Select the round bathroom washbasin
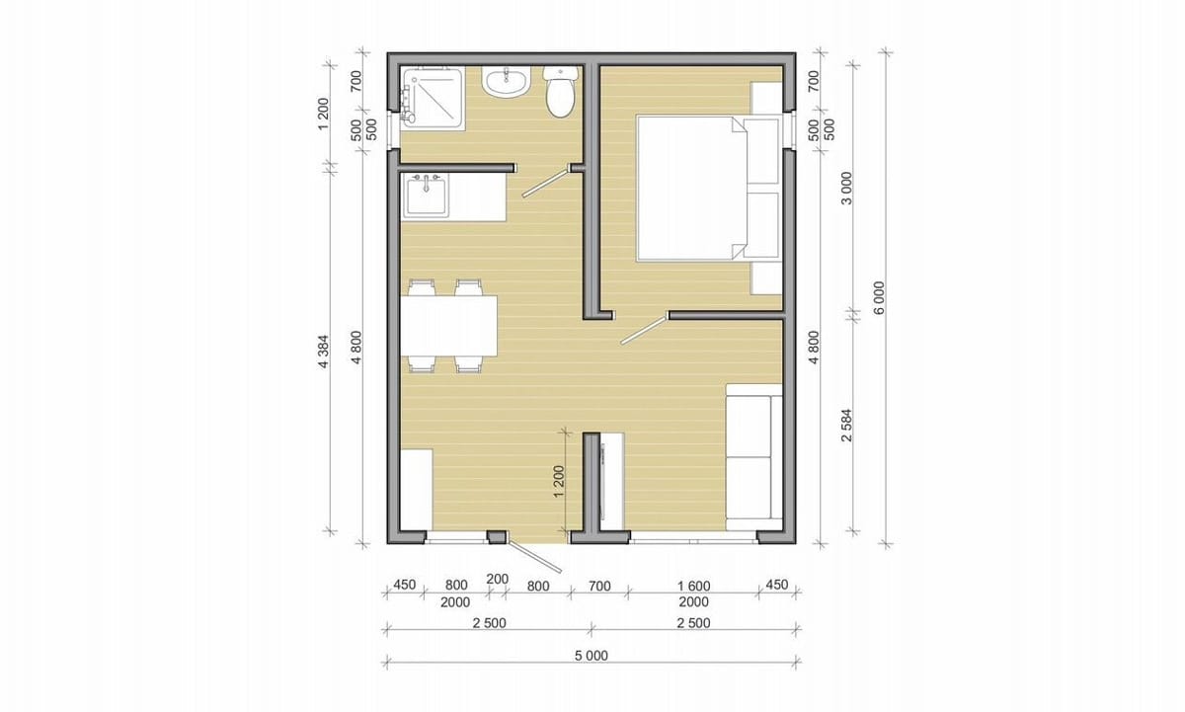(x=506, y=82)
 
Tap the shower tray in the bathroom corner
(x=433, y=99)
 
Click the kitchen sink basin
(x=427, y=197)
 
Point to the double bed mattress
(x=692, y=189)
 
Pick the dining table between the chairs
(x=448, y=326)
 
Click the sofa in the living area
(x=753, y=457)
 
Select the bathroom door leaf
(x=546, y=182)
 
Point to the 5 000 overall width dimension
(x=591, y=656)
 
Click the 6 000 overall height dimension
(x=879, y=298)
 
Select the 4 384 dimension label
(x=324, y=352)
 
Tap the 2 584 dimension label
(x=847, y=425)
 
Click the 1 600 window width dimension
(x=694, y=586)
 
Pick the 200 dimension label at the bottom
(x=498, y=580)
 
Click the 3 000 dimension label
(x=847, y=188)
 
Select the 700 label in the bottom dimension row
(x=599, y=586)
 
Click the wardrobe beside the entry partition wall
(x=611, y=481)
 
